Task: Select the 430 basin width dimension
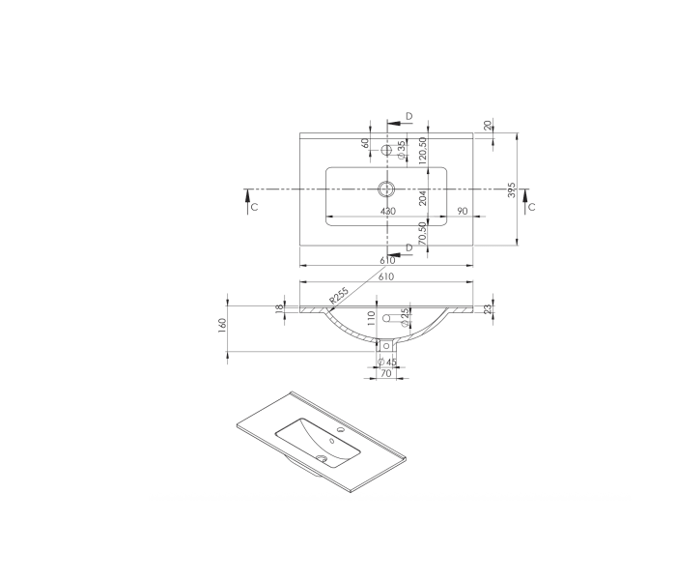tap(387, 211)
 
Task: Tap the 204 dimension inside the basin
tap(422, 198)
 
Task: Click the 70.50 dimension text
tap(422, 235)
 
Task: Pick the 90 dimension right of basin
tap(463, 211)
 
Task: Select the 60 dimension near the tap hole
tap(366, 143)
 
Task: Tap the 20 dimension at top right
tap(488, 125)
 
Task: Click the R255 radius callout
tap(338, 296)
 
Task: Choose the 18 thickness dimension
tap(280, 308)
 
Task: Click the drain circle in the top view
tap(387, 188)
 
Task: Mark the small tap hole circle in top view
tap(387, 151)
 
